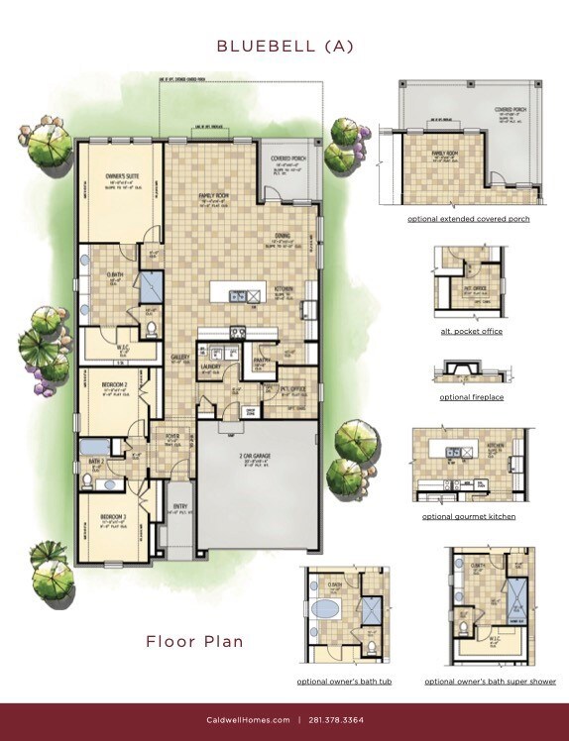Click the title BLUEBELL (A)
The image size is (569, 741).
tap(284, 46)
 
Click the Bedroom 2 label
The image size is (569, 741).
tap(114, 384)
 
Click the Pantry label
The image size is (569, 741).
tap(263, 361)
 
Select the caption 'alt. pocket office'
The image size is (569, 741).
tap(471, 331)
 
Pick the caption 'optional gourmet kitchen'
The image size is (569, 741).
tap(468, 516)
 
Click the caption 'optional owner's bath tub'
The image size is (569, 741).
tap(342, 682)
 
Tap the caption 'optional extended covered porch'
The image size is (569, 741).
tap(468, 218)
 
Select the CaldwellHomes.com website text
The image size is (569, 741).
tap(248, 720)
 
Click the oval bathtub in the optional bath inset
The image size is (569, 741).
tap(327, 607)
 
